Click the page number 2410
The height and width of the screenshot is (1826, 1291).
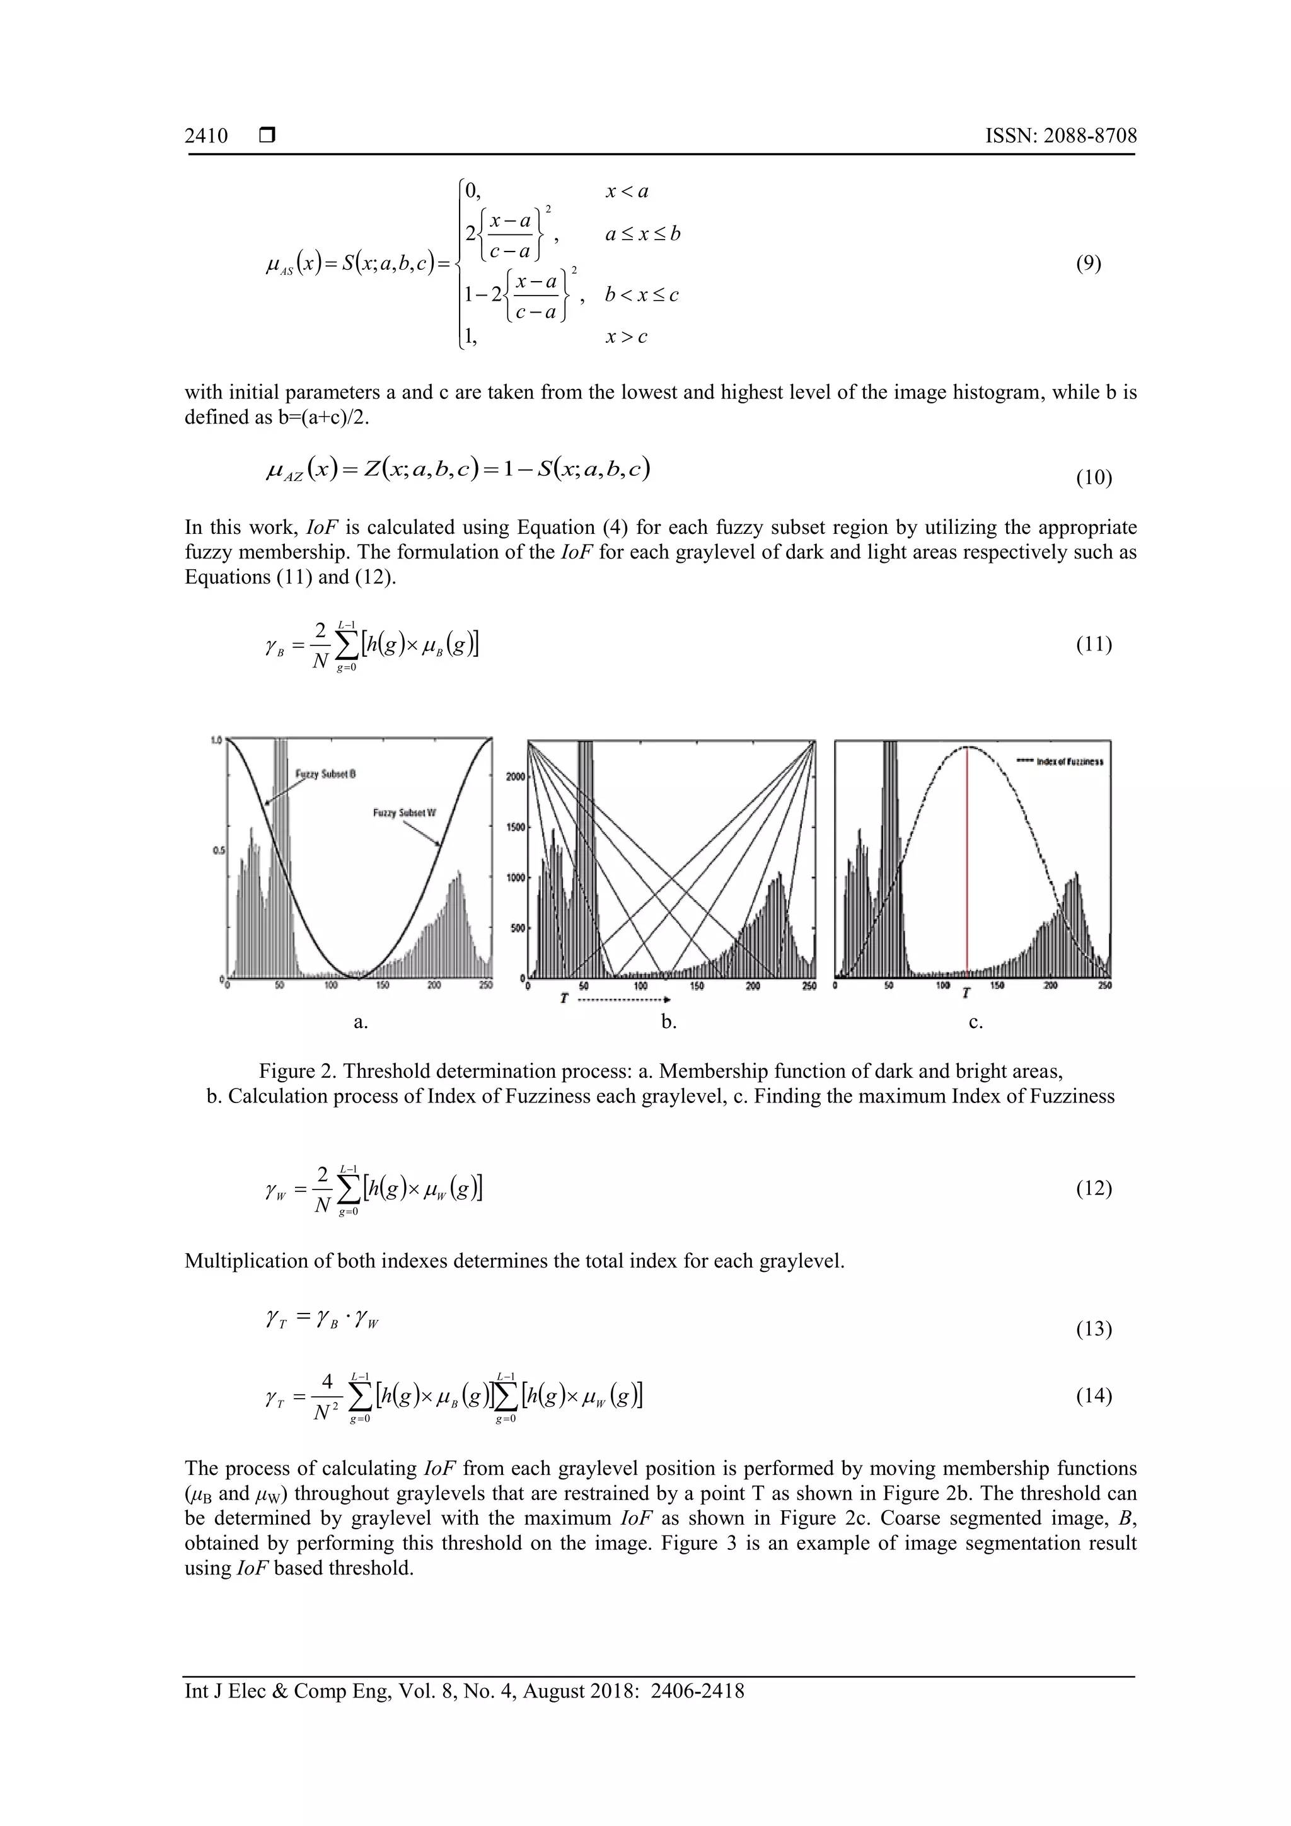[x=206, y=136]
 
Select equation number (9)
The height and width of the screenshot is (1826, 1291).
[x=1088, y=264]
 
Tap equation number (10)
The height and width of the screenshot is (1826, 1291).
[x=1094, y=478]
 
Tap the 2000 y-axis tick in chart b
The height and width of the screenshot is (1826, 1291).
[x=514, y=777]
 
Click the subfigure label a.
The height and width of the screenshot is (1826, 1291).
[x=361, y=1023]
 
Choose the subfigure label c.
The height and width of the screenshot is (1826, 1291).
[x=976, y=1023]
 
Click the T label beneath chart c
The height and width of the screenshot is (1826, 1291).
[x=966, y=993]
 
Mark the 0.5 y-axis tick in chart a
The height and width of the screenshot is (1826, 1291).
[x=216, y=851]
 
